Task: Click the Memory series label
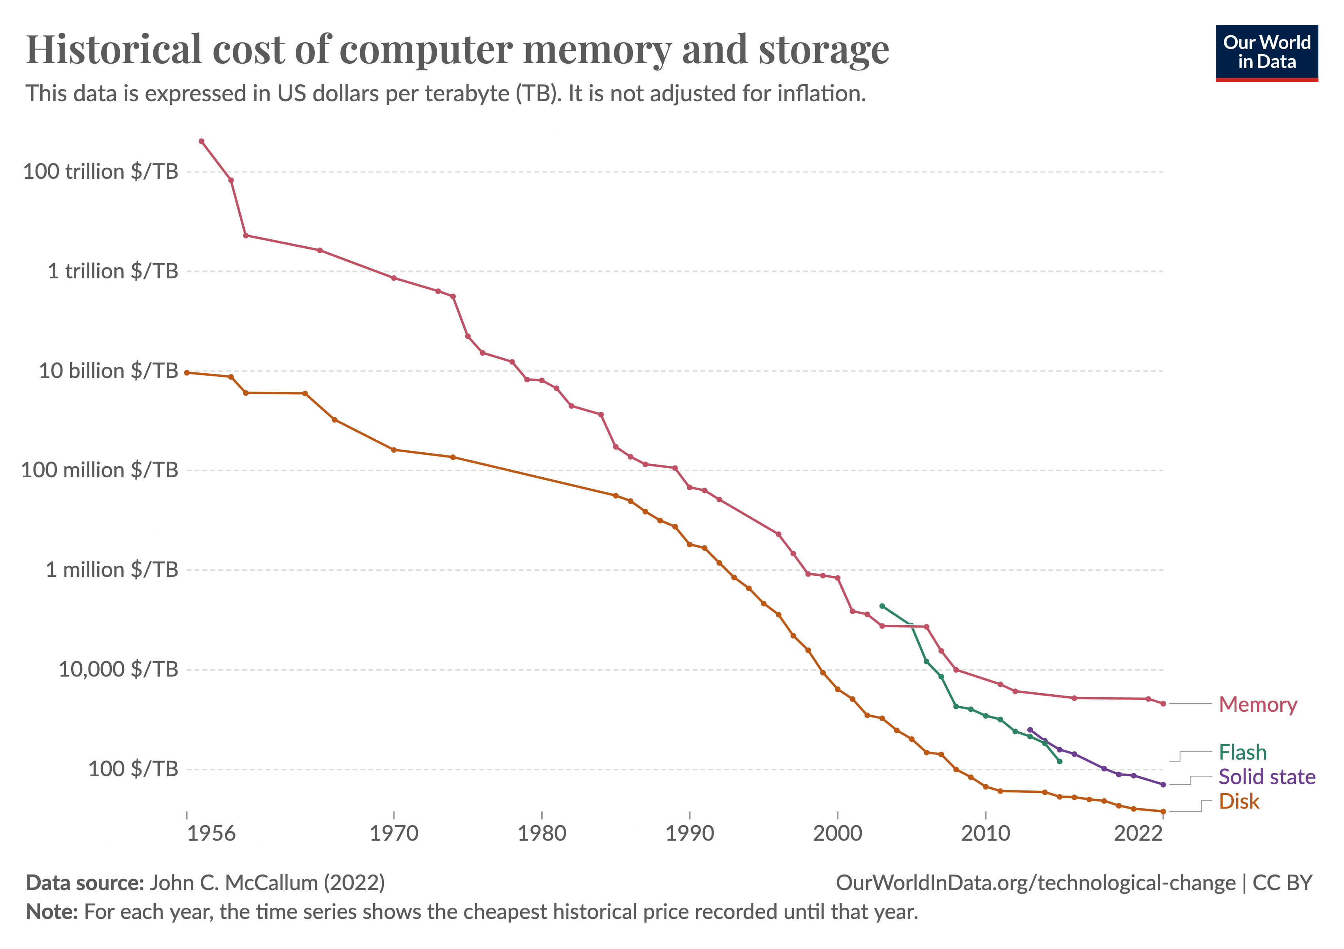[1257, 704]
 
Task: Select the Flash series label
[1242, 752]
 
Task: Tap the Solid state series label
[1267, 777]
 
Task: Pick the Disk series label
[1238, 802]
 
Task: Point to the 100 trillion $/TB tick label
[100, 172]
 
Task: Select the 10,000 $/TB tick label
[118, 669]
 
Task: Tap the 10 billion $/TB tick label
[108, 371]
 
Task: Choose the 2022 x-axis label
[1137, 833]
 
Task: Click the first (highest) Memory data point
[201, 141]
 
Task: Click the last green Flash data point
[1059, 761]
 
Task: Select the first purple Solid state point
[1030, 730]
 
